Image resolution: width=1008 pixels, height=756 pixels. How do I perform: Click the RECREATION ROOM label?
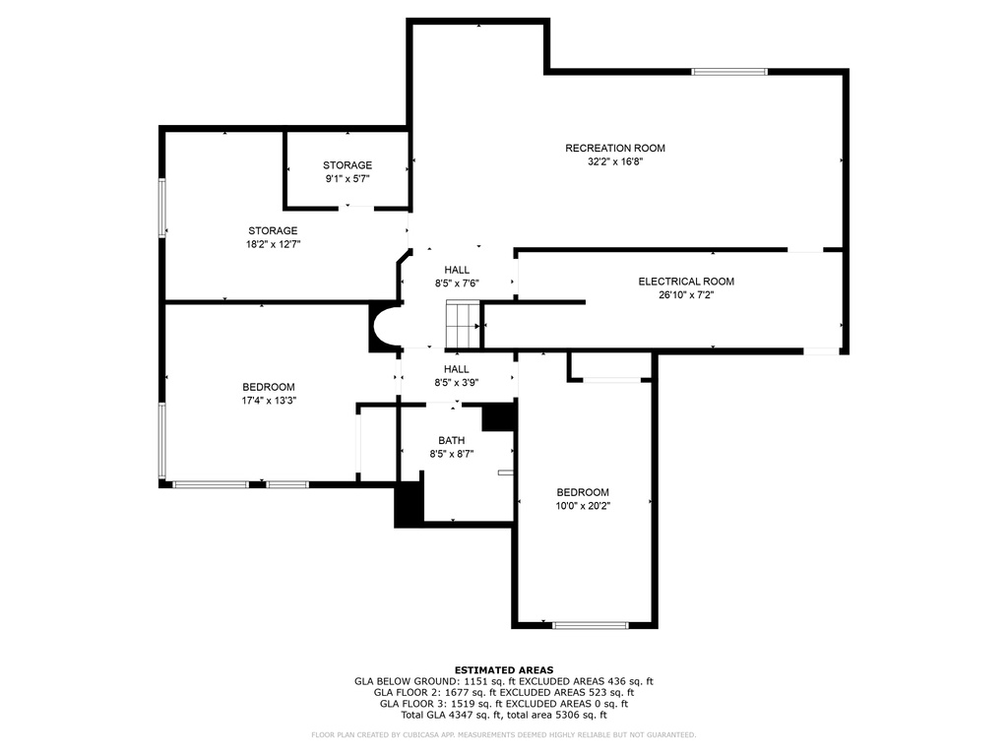coord(615,148)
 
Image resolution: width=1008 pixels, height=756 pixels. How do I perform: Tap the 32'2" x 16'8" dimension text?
coord(615,162)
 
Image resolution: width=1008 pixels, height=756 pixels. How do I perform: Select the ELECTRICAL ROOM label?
coord(686,282)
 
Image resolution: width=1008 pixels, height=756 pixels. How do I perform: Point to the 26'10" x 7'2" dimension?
coord(686,295)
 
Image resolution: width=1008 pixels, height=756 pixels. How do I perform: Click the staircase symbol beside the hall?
coord(464,324)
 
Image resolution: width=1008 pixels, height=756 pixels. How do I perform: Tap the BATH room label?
coord(451,440)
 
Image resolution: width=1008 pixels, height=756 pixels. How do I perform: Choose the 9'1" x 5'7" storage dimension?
coord(347,179)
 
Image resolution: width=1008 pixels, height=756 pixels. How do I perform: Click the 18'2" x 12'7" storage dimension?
coord(273,244)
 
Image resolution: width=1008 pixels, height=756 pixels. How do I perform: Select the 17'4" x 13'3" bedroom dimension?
coord(269,401)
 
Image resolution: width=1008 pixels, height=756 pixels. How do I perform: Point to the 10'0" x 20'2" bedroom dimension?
coord(583,506)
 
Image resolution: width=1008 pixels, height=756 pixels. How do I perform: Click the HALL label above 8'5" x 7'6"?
coord(457,270)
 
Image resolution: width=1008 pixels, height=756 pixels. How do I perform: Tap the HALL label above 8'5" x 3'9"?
coord(457,369)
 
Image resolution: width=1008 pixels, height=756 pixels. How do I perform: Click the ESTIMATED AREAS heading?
coord(504,669)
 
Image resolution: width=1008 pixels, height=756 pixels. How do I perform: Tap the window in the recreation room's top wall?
coord(729,71)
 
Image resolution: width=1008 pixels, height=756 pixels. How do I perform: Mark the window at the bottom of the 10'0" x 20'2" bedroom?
coord(591,625)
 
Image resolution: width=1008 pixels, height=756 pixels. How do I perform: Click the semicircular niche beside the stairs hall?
coord(385,327)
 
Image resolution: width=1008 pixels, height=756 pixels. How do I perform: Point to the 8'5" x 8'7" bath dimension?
coord(451,454)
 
